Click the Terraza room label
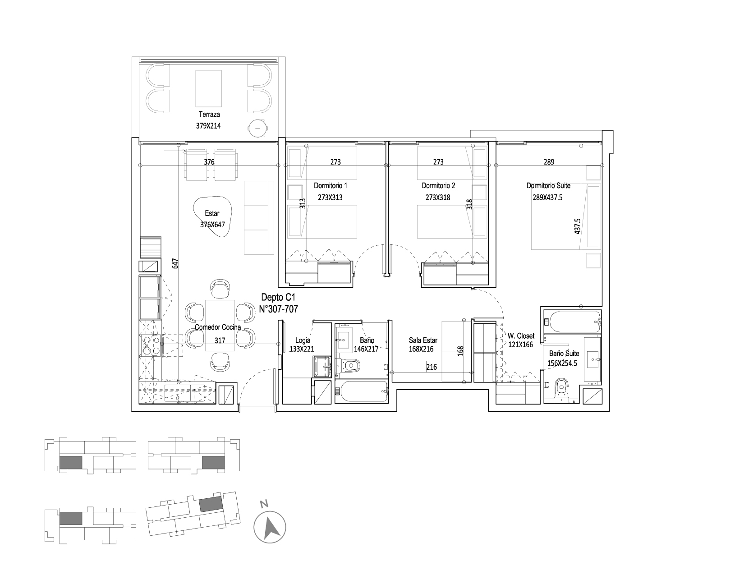pyautogui.click(x=209, y=115)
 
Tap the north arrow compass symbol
pyautogui.click(x=270, y=527)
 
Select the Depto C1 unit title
pyautogui.click(x=278, y=297)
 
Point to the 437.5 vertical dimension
pyautogui.click(x=577, y=226)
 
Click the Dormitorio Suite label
pyautogui.click(x=548, y=186)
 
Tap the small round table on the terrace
pyautogui.click(x=257, y=128)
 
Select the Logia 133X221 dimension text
pyautogui.click(x=302, y=349)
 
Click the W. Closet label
pyautogui.click(x=521, y=336)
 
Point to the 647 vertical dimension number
pyautogui.click(x=175, y=263)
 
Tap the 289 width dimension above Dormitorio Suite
pyautogui.click(x=549, y=162)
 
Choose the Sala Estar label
pyautogui.click(x=423, y=340)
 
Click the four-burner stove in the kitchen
pyautogui.click(x=151, y=345)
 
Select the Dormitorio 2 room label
pyautogui.click(x=438, y=186)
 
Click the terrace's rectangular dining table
pyautogui.click(x=208, y=89)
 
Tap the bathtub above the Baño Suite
pyautogui.click(x=573, y=322)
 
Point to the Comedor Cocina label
pyautogui.click(x=218, y=327)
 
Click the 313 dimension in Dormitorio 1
pyautogui.click(x=302, y=204)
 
